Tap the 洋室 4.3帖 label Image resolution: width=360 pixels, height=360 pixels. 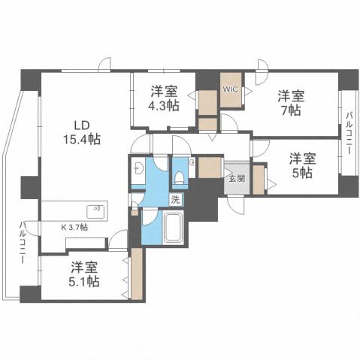pos(164,99)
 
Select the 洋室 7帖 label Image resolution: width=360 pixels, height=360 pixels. pos(291,102)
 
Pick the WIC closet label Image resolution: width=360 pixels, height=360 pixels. pos(230,89)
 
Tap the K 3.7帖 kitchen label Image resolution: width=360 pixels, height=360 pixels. pos(74,226)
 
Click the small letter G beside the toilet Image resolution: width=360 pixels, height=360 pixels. pos(192,162)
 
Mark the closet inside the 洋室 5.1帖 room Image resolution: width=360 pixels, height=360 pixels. pos(136,275)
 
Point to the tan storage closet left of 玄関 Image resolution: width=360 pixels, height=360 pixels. pos(210,167)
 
